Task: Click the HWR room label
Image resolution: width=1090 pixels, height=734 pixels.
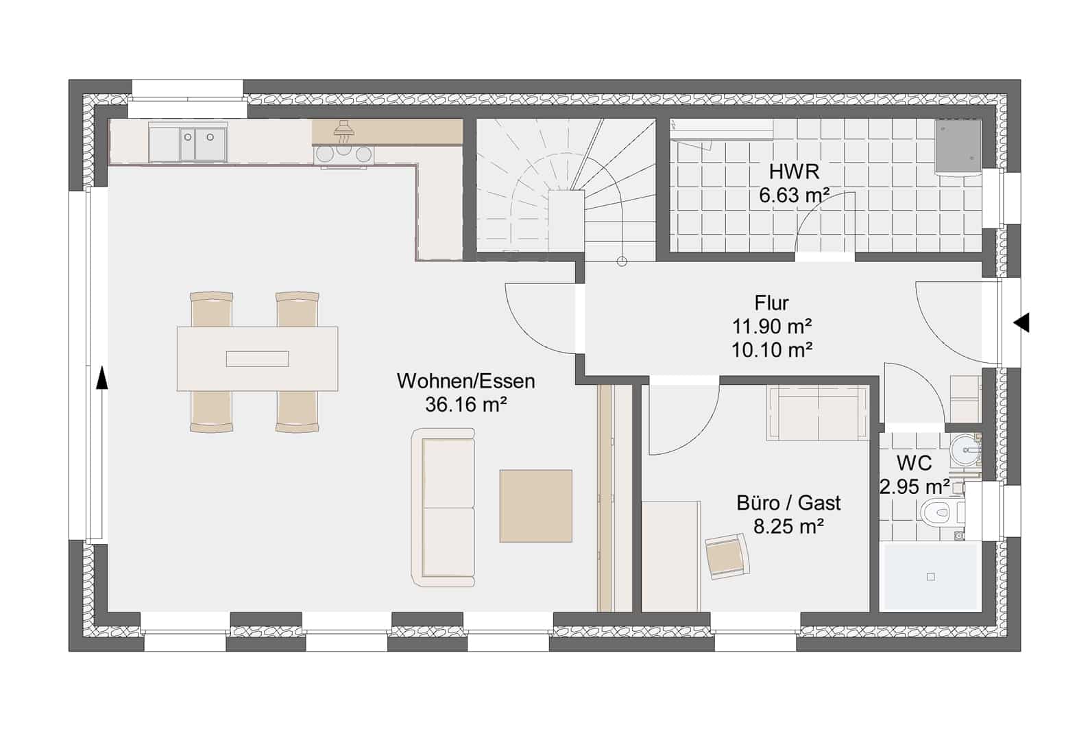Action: pyautogui.click(x=794, y=172)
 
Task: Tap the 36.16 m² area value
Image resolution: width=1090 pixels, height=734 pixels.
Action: pyautogui.click(x=466, y=404)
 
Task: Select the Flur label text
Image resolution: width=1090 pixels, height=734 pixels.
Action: pyautogui.click(x=772, y=303)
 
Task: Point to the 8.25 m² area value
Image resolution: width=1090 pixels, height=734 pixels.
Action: pyautogui.click(x=789, y=526)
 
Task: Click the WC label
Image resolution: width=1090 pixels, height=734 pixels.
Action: pyautogui.click(x=915, y=463)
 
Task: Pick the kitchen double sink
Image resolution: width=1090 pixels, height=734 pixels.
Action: pyautogui.click(x=188, y=143)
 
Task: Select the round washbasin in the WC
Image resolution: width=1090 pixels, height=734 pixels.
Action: pyautogui.click(x=965, y=451)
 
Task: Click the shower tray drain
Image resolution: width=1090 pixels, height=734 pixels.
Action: pyautogui.click(x=931, y=577)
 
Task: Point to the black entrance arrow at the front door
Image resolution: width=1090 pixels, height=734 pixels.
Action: pyautogui.click(x=1021, y=323)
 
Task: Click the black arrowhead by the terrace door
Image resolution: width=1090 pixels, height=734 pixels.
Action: pyautogui.click(x=101, y=379)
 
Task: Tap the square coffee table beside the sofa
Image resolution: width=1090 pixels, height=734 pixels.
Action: pyautogui.click(x=536, y=506)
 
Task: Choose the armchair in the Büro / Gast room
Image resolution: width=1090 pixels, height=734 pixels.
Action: pyautogui.click(x=727, y=556)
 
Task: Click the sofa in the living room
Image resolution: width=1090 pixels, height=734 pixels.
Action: pyautogui.click(x=444, y=508)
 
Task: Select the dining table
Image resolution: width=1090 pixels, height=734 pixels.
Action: pyautogui.click(x=257, y=359)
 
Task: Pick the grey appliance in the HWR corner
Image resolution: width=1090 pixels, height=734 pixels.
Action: pyautogui.click(x=958, y=146)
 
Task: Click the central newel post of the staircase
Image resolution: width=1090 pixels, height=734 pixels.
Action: pyautogui.click(x=567, y=221)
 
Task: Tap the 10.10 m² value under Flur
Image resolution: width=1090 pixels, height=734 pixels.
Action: pyautogui.click(x=772, y=350)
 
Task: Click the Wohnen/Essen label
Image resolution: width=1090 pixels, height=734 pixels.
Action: pyautogui.click(x=466, y=381)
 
